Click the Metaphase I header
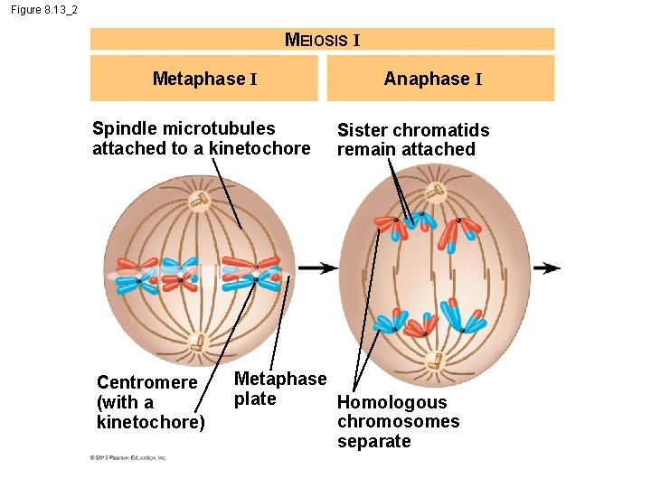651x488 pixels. point(204,79)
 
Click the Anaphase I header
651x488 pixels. point(432,79)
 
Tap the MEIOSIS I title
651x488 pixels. point(323,39)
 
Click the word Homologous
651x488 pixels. point(392,402)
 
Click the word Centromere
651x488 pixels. point(146,382)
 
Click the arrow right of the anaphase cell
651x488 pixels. point(546,268)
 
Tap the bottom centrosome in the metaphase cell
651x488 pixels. point(197,343)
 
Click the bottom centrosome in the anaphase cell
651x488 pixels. point(436,360)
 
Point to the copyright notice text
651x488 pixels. point(127,458)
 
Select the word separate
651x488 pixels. point(373,441)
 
